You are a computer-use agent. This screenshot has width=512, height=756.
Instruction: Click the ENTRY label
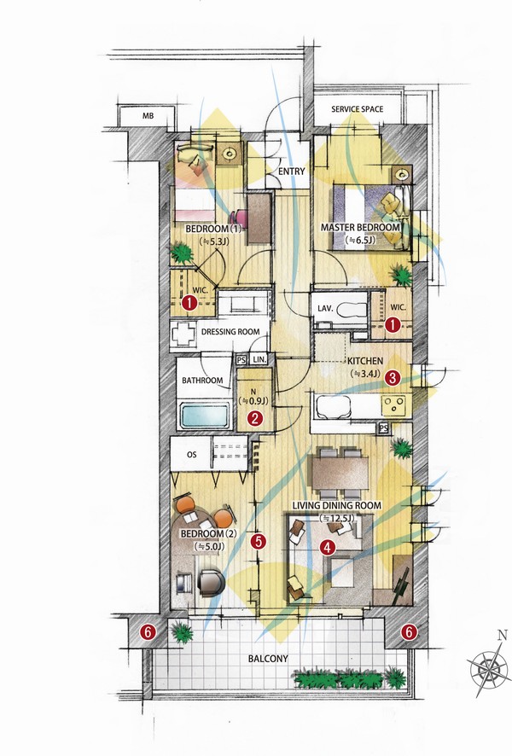292,172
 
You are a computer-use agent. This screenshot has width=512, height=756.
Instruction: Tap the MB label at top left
148,116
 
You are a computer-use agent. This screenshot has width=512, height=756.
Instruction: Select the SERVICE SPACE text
358,109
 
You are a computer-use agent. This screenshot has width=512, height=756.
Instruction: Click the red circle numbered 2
254,418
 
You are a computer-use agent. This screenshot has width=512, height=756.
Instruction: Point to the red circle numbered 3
393,377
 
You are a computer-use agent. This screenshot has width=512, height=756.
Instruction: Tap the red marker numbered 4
328,547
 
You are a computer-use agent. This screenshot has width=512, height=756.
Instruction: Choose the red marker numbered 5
259,541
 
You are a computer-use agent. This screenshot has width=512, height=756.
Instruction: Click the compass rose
488,668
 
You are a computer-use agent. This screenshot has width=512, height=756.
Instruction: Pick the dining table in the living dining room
340,473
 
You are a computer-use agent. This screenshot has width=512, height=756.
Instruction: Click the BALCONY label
268,658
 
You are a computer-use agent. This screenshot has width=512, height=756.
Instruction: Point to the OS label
191,454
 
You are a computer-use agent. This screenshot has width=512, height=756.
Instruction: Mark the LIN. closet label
259,360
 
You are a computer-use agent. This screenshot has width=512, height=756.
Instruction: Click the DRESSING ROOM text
230,332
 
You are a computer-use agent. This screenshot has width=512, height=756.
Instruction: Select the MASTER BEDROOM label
360,227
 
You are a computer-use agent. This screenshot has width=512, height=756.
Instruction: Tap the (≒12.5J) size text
337,518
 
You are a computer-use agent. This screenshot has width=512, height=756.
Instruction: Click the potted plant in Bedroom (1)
182,253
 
